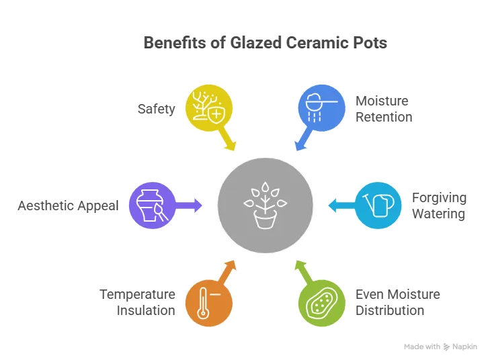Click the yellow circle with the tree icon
click(208, 106)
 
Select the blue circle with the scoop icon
click(321, 106)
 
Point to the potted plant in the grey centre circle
click(265, 204)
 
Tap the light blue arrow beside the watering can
click(339, 204)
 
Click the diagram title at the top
click(263, 42)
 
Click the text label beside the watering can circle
click(438, 205)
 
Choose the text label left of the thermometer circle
click(138, 302)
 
